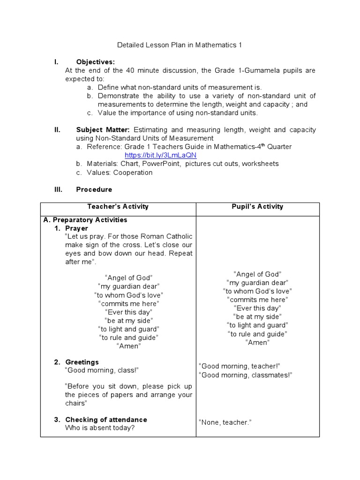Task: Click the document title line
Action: [x=179, y=45]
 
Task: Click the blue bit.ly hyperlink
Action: [x=160, y=155]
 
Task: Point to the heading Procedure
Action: [x=94, y=189]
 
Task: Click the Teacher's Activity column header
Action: [x=118, y=206]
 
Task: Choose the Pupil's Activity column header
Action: [x=257, y=206]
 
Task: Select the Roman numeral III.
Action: [x=58, y=189]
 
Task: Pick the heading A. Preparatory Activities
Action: [x=85, y=220]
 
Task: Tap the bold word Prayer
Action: [x=76, y=228]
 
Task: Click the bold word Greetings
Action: [x=82, y=362]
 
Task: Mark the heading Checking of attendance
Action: [x=106, y=420]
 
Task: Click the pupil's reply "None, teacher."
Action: [x=225, y=422]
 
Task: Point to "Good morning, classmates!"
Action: [x=246, y=375]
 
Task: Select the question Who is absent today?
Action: [x=100, y=428]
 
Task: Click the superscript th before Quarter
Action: [x=263, y=145]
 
